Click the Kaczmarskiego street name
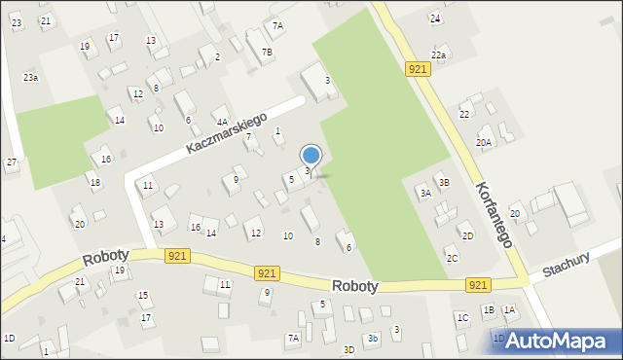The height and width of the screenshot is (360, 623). pyautogui.click(x=227, y=133)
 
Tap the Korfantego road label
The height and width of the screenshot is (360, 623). pyautogui.click(x=495, y=212)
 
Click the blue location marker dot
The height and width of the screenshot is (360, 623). pyautogui.click(x=311, y=155)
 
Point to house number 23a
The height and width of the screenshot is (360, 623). pyautogui.click(x=31, y=77)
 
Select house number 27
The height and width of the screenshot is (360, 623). pyautogui.click(x=12, y=162)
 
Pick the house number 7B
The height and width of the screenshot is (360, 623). pyautogui.click(x=267, y=52)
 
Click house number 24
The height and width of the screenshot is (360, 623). pyautogui.click(x=436, y=18)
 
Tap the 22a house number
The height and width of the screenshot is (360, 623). pyautogui.click(x=439, y=55)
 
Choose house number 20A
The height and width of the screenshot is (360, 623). pyautogui.click(x=484, y=143)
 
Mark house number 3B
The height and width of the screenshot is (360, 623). pyautogui.click(x=444, y=182)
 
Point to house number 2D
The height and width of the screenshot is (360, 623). pyautogui.click(x=468, y=236)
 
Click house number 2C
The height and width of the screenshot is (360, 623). pyautogui.click(x=453, y=259)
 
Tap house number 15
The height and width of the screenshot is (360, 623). pyautogui.click(x=143, y=296)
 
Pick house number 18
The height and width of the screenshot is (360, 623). pyautogui.click(x=94, y=183)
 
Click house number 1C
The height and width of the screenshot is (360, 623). pyautogui.click(x=462, y=317)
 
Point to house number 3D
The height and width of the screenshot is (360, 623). pyautogui.click(x=348, y=349)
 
